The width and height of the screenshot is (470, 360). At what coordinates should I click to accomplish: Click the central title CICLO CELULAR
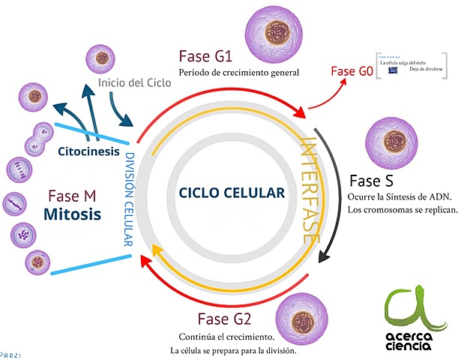[232, 193]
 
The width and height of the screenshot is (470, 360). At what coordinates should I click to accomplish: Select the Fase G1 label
[205, 56]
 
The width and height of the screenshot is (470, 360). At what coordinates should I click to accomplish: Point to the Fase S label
[372, 181]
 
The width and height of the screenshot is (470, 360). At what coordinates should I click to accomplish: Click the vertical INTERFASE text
[308, 187]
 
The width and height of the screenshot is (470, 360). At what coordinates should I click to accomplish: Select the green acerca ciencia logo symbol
[408, 310]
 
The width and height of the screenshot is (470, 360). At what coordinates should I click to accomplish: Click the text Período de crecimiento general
[238, 73]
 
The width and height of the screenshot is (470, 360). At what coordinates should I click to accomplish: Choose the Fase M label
[71, 196]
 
